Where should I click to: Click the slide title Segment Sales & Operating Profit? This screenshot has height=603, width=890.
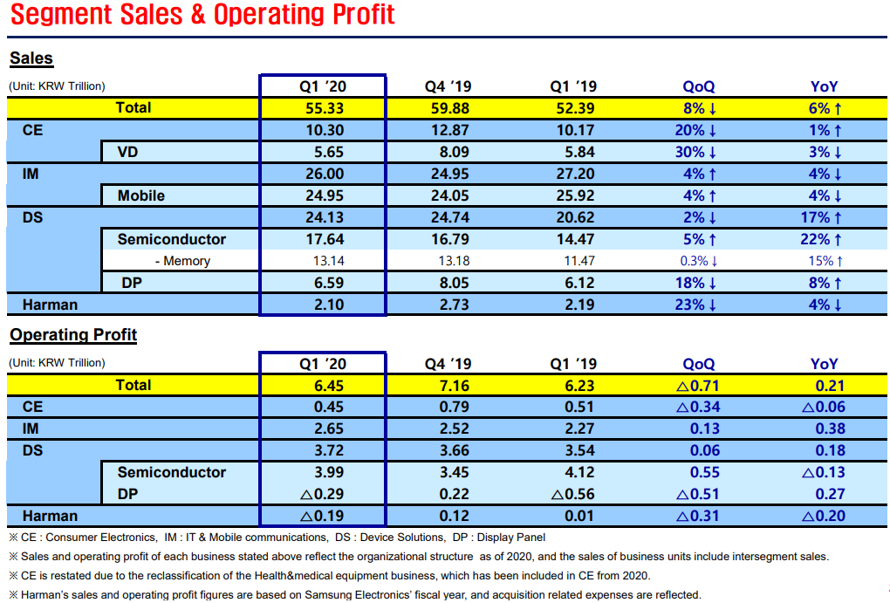tap(202, 14)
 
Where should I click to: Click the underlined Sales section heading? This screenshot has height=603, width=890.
tap(31, 58)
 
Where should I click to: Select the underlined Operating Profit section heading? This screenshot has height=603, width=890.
tap(73, 334)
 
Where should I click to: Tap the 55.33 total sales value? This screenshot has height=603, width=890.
tap(325, 108)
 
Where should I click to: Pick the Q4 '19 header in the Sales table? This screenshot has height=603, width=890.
tap(448, 86)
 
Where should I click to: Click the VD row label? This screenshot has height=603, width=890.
tap(127, 152)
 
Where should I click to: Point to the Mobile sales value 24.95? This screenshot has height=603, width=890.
tap(325, 195)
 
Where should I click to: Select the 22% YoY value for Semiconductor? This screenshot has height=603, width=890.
tap(821, 240)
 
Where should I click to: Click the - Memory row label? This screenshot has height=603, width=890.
tap(182, 261)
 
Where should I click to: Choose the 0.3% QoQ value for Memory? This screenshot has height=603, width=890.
tap(699, 261)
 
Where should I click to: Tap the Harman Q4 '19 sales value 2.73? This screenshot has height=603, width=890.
tap(454, 305)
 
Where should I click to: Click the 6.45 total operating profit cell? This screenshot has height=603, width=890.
tap(329, 386)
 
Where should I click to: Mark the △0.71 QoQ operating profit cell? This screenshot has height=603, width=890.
tap(697, 386)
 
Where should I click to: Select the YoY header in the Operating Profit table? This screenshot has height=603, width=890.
tap(825, 364)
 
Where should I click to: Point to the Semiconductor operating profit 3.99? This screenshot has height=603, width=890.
tap(329, 472)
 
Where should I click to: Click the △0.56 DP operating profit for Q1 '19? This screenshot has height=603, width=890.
tap(572, 495)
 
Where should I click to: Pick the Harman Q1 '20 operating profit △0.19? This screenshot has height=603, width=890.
tap(322, 516)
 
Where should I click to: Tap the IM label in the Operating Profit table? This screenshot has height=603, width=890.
tap(31, 429)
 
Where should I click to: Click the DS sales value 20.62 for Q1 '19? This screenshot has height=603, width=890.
tap(575, 217)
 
